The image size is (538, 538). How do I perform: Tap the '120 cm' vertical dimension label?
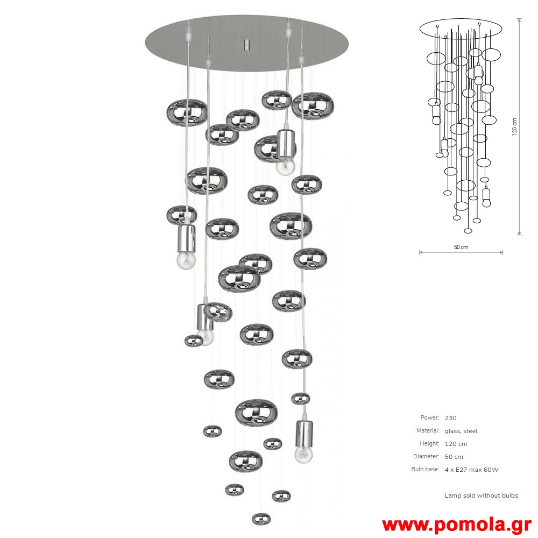click(514, 127)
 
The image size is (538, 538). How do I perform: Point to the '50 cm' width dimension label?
click(461, 247)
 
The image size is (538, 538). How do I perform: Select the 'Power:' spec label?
click(429, 417)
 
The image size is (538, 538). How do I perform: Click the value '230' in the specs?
click(450, 418)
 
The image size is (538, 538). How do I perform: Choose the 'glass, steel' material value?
click(461, 431)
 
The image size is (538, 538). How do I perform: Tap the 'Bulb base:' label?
click(425, 469)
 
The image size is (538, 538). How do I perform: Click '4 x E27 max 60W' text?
click(471, 469)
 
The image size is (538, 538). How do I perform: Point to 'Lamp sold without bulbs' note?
click(481, 495)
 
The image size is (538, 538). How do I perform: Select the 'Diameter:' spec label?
click(426, 456)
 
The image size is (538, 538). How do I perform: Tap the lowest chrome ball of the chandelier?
click(261, 519)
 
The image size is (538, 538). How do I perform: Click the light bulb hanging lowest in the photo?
click(303, 454)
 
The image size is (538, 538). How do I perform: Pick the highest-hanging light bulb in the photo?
click(286, 166)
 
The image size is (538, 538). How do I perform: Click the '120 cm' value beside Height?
click(456, 444)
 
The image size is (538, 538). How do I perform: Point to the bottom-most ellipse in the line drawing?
click(468, 231)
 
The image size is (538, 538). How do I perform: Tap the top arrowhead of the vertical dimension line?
click(520, 20)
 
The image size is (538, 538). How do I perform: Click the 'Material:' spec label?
click(428, 430)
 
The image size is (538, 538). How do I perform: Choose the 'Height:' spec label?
click(429, 443)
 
